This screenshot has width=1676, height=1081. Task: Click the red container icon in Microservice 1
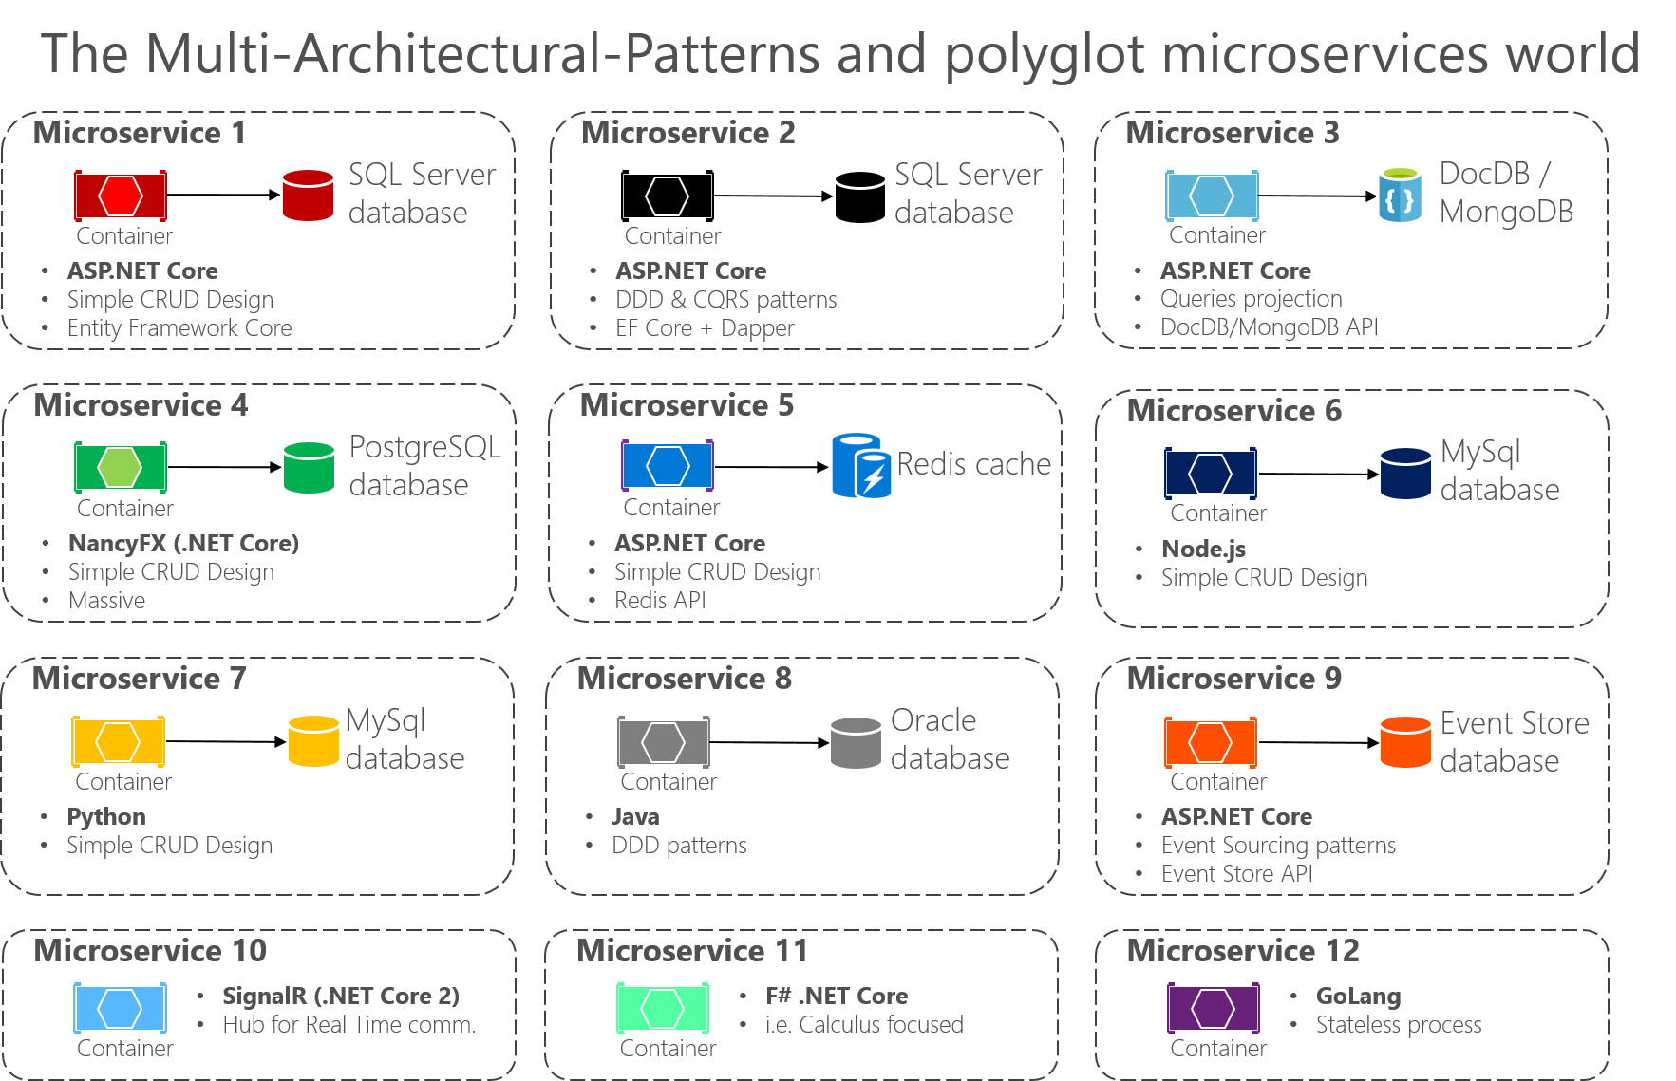(x=121, y=196)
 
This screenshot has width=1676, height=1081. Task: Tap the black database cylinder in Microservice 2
(x=859, y=197)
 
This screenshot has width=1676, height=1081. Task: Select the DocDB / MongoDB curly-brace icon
(x=1400, y=196)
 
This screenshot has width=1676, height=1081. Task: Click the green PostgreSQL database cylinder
(x=309, y=468)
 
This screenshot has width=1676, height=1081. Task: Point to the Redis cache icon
(x=860, y=466)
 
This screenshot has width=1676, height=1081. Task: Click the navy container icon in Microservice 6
(x=1210, y=473)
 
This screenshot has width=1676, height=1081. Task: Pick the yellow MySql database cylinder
(x=312, y=741)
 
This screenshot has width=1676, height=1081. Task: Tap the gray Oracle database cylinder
(x=856, y=743)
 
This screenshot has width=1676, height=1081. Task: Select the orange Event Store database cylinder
(x=1404, y=742)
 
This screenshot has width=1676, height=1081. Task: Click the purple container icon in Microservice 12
(x=1213, y=1008)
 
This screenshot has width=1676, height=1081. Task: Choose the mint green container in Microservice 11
(x=662, y=1008)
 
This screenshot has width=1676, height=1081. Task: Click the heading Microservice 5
(x=687, y=405)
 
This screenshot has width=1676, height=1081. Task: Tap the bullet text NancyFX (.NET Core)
(x=183, y=544)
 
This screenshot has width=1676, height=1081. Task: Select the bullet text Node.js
(x=1203, y=550)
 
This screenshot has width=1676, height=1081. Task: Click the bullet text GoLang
(x=1358, y=997)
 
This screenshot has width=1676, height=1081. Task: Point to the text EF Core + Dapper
(x=705, y=328)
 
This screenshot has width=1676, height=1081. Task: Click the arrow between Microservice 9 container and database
(x=1318, y=742)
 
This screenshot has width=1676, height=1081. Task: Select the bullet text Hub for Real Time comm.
(x=348, y=1025)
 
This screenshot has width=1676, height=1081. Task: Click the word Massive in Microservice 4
(x=106, y=601)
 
